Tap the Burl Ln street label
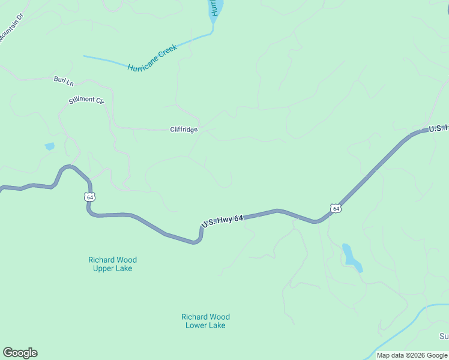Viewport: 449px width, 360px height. point(63,80)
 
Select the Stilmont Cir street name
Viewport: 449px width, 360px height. point(86,100)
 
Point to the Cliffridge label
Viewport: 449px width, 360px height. point(184,129)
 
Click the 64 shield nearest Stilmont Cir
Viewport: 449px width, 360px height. point(89,197)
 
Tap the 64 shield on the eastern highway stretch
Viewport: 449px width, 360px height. point(336,208)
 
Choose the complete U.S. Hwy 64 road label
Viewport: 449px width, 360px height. point(222,221)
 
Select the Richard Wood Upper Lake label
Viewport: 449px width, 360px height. point(112,264)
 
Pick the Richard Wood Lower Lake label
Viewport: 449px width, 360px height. point(205,321)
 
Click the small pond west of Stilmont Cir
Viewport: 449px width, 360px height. point(49,146)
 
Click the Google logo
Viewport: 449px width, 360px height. point(20,353)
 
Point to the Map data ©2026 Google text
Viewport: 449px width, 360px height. point(412,355)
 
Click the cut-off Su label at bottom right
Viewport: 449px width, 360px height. point(444,337)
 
